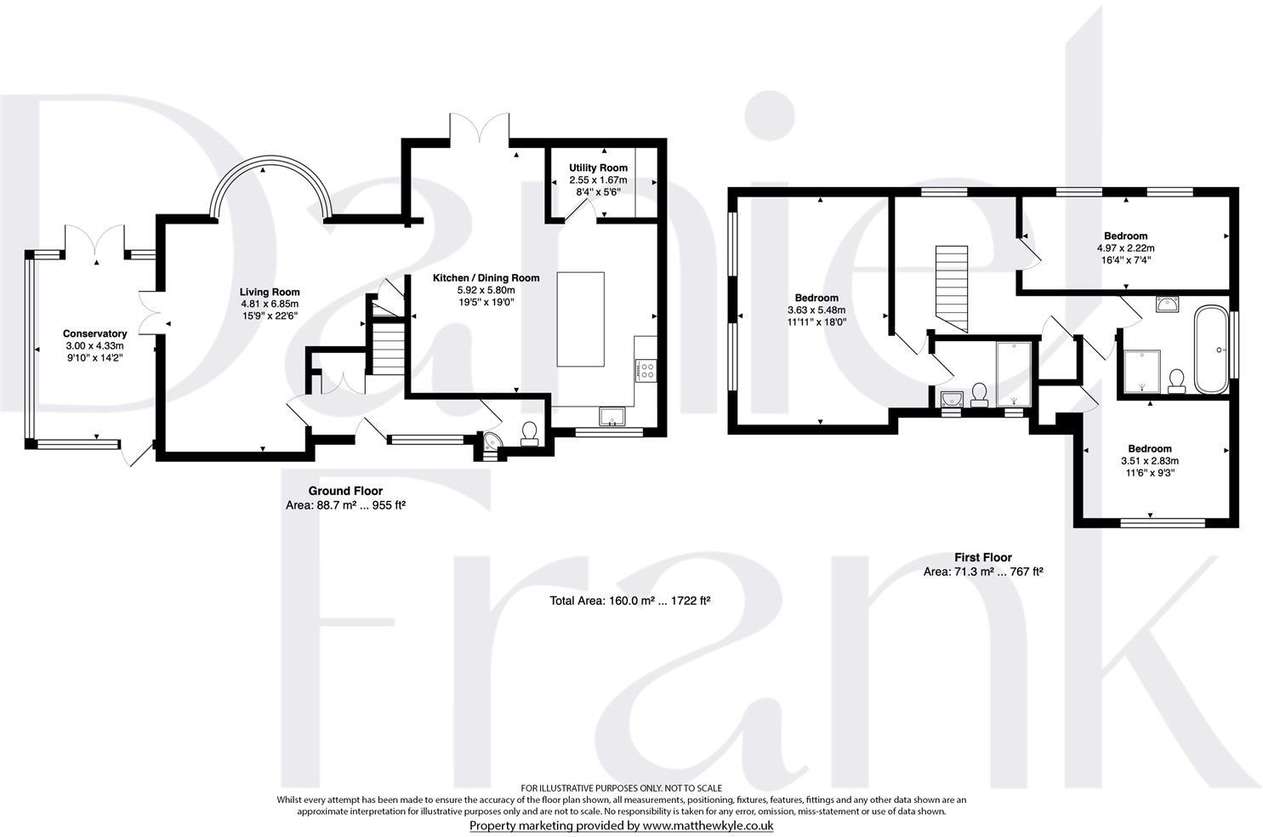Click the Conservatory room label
tap(95, 333)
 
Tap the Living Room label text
tap(269, 292)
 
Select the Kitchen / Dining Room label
tap(486, 278)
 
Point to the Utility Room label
tap(600, 168)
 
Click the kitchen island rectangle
tap(580, 319)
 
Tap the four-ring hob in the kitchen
tap(646, 370)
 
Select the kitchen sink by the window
tap(612, 416)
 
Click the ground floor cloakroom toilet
tap(529, 433)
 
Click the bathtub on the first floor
tap(1209, 350)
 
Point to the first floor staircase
tap(952, 289)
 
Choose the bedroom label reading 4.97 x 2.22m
tap(1125, 248)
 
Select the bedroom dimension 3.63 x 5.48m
tap(816, 310)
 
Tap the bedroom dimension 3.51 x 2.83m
tap(1149, 461)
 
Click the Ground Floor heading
tap(344, 491)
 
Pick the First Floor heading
tap(982, 558)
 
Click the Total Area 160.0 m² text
tap(629, 601)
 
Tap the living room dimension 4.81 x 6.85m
tap(269, 304)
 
